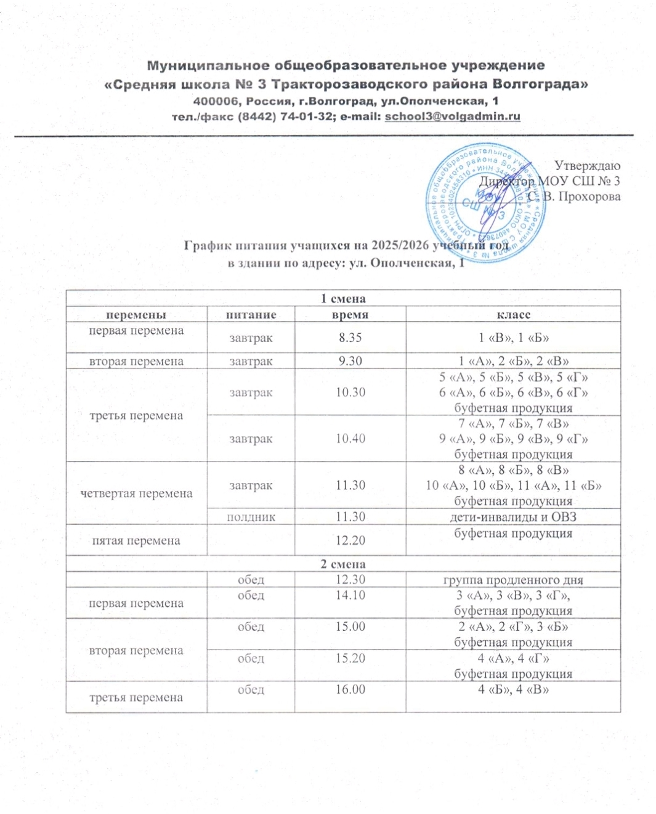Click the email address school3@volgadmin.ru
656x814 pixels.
452,116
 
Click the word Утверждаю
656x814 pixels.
587,165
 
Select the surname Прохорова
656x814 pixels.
589,197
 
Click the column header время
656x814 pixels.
350,315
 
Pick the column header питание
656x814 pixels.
251,315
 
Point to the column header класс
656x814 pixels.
513,315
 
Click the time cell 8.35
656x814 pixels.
350,338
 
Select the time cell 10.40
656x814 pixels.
350,439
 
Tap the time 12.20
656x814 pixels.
350,540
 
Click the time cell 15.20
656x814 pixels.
350,658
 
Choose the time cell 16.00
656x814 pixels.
350,690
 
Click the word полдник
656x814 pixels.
251,517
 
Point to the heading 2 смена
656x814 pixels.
343,564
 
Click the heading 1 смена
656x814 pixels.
343,299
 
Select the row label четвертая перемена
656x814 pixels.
136,494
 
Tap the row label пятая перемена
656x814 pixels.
136,540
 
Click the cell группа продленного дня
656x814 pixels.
513,580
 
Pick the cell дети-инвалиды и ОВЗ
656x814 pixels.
513,517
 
